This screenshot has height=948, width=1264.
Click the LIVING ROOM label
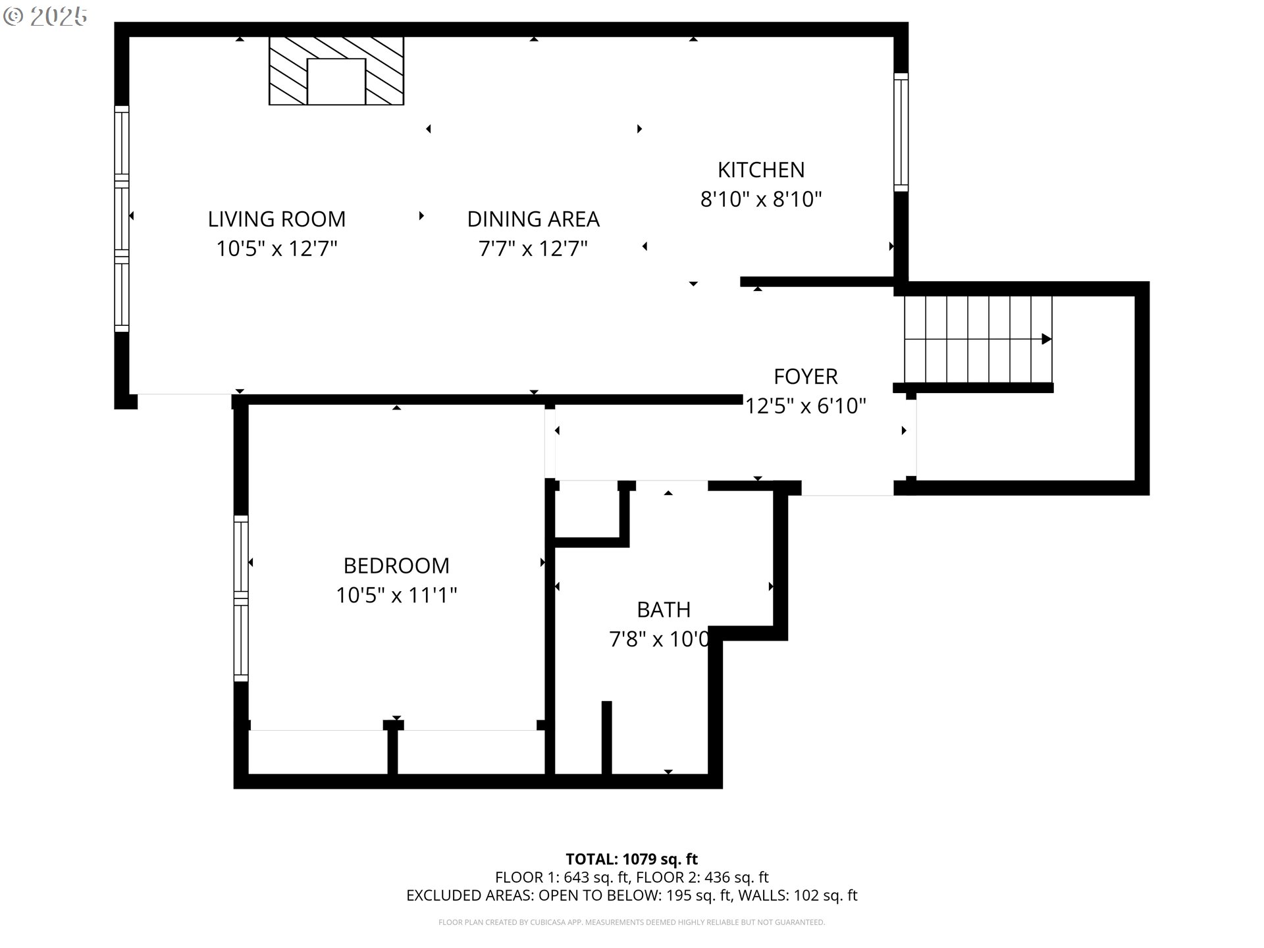click(x=276, y=219)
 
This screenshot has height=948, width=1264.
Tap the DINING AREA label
click(x=533, y=219)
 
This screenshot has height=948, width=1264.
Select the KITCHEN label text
click(x=761, y=170)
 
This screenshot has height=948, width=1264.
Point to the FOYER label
click(x=806, y=377)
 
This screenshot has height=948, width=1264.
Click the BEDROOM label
click(x=396, y=566)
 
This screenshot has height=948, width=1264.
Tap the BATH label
click(x=664, y=610)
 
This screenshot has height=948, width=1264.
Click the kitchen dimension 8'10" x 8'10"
click(x=761, y=199)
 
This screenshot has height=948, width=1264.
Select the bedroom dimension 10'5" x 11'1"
click(x=396, y=595)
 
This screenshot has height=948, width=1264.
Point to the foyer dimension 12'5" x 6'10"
click(x=806, y=406)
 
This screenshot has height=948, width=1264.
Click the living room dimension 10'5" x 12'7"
click(x=276, y=249)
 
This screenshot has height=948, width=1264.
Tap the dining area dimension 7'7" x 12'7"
click(x=533, y=249)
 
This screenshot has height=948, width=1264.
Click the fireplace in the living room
click(x=336, y=71)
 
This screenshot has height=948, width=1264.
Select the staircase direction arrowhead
click(x=1046, y=339)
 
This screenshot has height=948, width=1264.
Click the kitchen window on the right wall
click(x=901, y=132)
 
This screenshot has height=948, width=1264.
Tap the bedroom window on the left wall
click(x=242, y=598)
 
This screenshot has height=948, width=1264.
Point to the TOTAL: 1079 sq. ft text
click(x=632, y=859)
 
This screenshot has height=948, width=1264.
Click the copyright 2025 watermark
click(x=45, y=16)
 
